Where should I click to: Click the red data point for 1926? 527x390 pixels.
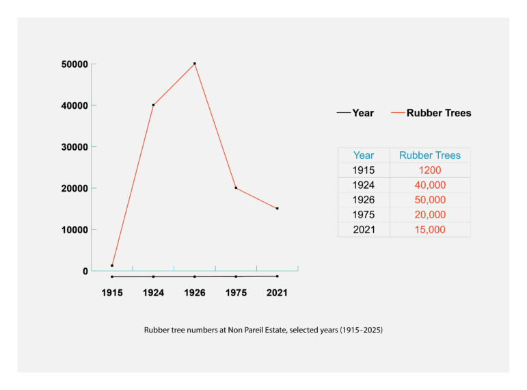coord(195,64)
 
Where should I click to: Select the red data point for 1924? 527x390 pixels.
coord(153,105)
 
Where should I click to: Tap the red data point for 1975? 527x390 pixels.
coord(236,187)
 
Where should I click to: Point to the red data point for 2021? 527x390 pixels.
coord(277,208)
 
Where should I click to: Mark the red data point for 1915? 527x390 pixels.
coord(112,265)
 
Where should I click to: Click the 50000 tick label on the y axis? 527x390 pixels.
coord(75,64)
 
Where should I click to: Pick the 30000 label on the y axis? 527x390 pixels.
coord(75,146)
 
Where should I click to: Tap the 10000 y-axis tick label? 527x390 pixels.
coord(75,229)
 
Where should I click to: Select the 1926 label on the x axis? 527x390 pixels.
coord(195,293)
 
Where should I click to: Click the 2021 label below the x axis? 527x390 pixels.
coord(277,293)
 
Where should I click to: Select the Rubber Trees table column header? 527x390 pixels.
coord(430,155)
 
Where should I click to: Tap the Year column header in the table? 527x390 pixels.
coord(364,155)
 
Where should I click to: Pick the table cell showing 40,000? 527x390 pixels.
coord(430,185)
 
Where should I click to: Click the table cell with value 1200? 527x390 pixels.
coord(430,170)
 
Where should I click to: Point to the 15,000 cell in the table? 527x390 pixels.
coord(430,229)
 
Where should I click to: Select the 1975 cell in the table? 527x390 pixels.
coord(364,215)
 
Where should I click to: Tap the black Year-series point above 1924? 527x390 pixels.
coord(153,276)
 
